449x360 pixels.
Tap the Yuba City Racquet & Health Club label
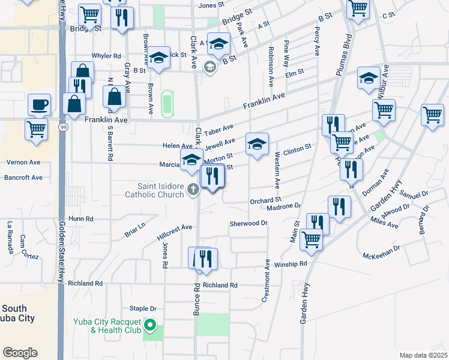(x=107, y=326)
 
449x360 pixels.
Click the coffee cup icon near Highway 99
(x=40, y=105)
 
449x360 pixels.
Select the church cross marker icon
(x=193, y=190)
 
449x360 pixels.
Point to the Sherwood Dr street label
(x=249, y=223)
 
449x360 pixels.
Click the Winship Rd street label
(x=291, y=264)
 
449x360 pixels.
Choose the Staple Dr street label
(x=143, y=308)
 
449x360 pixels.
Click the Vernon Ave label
(x=23, y=162)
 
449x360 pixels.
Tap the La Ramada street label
(x=10, y=237)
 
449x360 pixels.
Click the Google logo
(x=20, y=353)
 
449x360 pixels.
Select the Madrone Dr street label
(x=284, y=206)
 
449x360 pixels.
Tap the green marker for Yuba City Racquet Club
(x=152, y=327)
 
